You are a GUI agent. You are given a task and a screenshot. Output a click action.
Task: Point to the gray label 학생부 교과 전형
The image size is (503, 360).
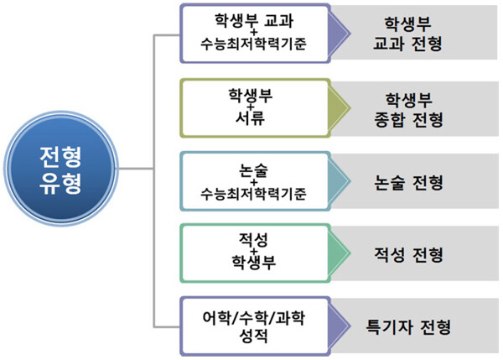click(x=411, y=32)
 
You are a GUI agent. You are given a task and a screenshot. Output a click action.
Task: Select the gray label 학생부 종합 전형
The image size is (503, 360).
click(x=411, y=107)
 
